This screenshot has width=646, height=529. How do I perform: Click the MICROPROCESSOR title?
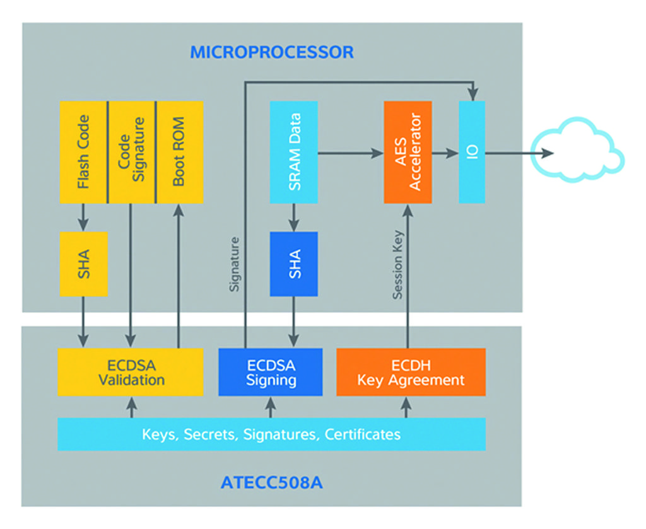pos(272,52)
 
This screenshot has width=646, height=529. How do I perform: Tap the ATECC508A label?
pos(272,484)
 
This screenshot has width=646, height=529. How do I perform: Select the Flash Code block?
pos(83,152)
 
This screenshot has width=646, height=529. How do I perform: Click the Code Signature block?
pos(131,152)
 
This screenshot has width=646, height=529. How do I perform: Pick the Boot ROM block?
pos(179,152)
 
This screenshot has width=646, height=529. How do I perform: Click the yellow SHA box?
pos(83,264)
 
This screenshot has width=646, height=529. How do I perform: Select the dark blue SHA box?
pos(293,264)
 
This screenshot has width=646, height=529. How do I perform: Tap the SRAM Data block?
pos(293,152)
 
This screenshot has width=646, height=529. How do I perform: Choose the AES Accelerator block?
pos(408,152)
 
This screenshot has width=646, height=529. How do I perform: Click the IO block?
pos(472,152)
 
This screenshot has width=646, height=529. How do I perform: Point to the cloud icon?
pos(577,151)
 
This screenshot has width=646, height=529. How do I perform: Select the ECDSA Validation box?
pos(131,372)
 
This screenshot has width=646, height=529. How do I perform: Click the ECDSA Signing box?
pos(270,372)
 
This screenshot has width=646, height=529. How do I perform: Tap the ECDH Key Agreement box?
pos(411,372)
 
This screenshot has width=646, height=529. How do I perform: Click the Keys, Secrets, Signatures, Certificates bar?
pos(271,434)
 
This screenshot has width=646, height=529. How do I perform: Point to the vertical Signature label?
pos(235,264)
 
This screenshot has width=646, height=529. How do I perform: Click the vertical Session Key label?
pos(397,264)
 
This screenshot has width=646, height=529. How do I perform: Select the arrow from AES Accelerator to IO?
pos(445,153)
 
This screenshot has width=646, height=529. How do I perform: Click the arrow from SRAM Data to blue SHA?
pos(293,218)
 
